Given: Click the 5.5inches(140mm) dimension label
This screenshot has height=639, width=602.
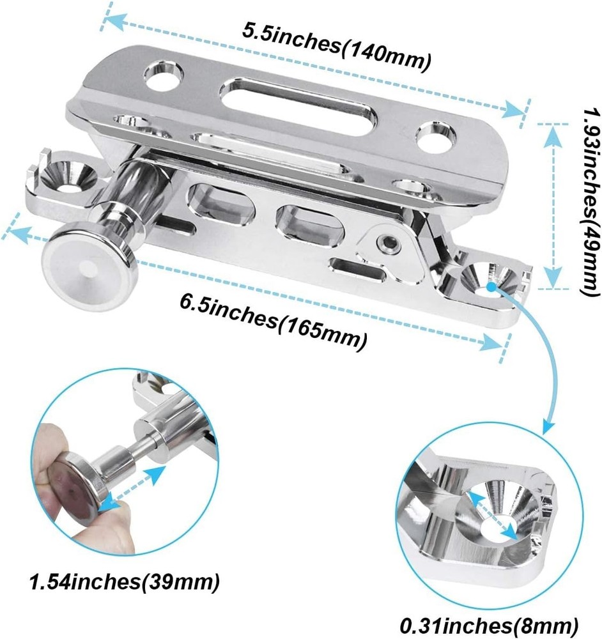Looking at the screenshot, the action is click(x=336, y=48).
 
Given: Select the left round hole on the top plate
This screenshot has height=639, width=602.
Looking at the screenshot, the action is click(x=164, y=75).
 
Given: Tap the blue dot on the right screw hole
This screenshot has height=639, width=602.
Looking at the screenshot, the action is click(x=491, y=286).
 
